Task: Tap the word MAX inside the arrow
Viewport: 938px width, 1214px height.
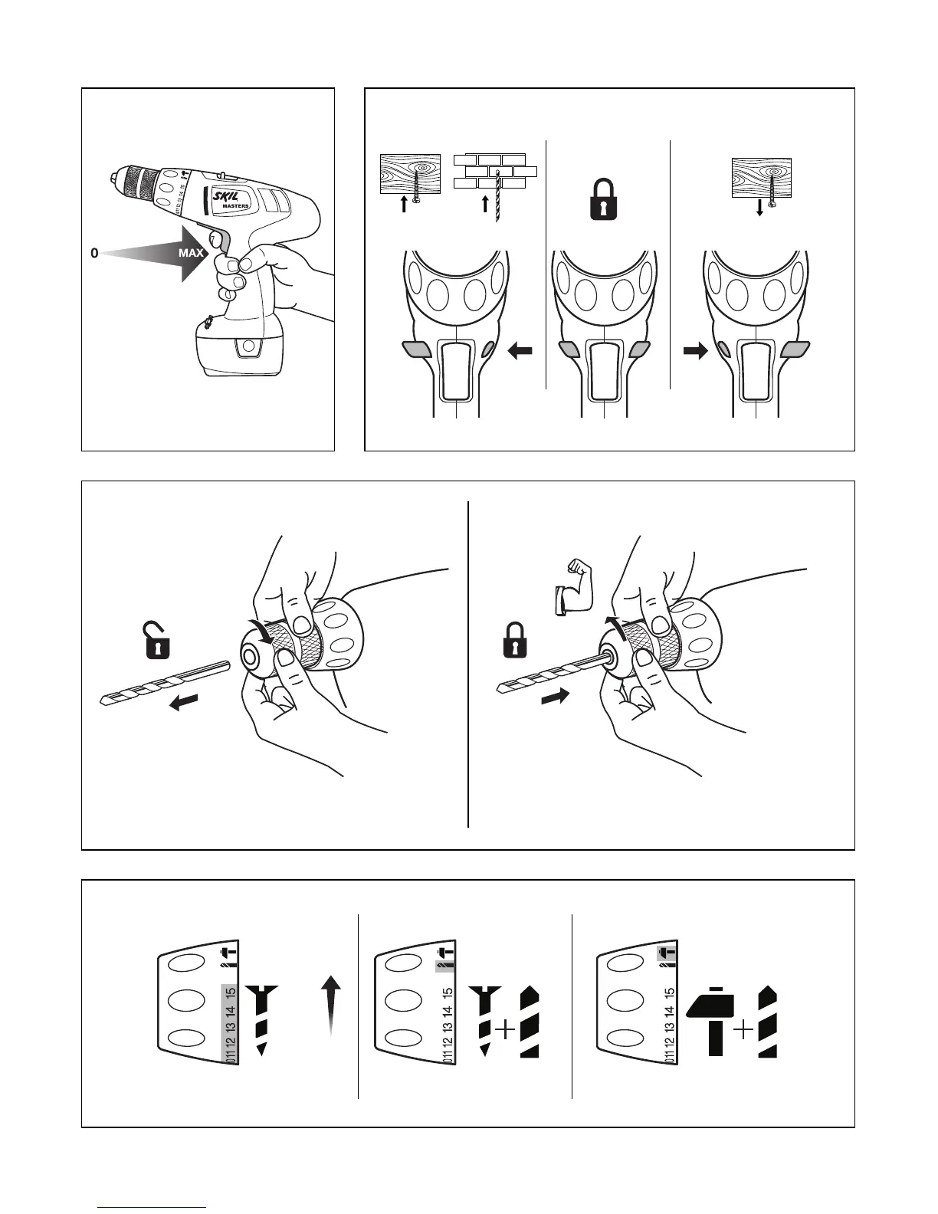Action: click(191, 253)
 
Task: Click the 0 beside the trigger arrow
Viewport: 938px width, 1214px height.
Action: click(94, 253)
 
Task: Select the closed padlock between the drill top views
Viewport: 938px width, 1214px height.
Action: click(604, 201)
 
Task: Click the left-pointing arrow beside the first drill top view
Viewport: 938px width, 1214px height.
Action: click(520, 350)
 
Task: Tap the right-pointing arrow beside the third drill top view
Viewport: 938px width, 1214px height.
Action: click(695, 350)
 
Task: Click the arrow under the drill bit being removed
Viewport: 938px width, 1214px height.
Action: click(183, 701)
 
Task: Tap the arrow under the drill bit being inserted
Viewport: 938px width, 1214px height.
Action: click(556, 697)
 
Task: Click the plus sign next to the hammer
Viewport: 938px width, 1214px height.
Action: click(743, 1031)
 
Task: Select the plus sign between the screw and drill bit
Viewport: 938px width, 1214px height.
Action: click(505, 1031)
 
